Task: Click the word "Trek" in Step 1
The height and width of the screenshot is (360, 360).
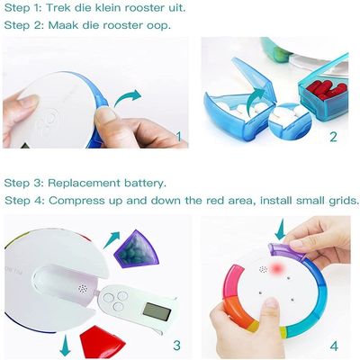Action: click(58, 8)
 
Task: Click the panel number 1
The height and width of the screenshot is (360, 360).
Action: click(179, 137)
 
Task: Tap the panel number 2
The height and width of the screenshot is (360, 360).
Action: click(334, 137)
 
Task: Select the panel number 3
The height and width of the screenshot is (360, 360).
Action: click(177, 346)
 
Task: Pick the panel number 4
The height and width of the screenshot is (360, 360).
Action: click(334, 346)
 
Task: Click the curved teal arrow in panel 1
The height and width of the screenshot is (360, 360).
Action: click(126, 96)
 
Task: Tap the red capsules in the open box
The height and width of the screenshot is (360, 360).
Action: click(328, 89)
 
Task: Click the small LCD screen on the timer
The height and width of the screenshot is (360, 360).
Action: click(157, 311)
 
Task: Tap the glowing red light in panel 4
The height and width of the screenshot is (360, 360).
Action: click(277, 266)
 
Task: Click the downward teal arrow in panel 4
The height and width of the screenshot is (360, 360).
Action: click(281, 229)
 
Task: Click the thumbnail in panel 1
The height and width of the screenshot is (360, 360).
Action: click(105, 113)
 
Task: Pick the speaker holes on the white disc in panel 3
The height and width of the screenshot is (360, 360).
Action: click(83, 289)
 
